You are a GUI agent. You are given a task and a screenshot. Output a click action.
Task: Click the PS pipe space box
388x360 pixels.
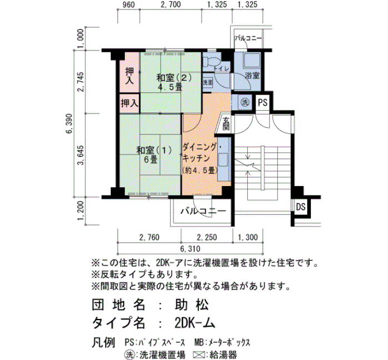(263, 102)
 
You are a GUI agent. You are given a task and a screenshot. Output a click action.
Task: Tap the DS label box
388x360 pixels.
(300, 207)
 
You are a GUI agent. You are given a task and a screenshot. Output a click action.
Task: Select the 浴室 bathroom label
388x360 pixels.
(252, 75)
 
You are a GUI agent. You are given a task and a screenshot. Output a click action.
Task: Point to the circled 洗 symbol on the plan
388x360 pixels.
(245, 102)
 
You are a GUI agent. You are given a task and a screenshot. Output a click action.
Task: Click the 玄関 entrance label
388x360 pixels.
(226, 124)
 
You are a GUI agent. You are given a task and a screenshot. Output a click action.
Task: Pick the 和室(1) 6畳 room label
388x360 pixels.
(154, 155)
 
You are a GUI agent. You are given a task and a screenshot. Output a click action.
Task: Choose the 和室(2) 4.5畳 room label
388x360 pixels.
(174, 82)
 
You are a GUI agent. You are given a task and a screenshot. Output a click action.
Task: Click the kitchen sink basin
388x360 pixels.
(224, 160)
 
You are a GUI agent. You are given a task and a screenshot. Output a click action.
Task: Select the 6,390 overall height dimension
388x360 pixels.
(69, 124)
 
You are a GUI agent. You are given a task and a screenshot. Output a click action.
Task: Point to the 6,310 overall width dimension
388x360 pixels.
(190, 249)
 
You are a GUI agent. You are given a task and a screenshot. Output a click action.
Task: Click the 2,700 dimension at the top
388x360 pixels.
(171, 4)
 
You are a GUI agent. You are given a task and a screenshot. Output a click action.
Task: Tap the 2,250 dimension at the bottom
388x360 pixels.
(207, 238)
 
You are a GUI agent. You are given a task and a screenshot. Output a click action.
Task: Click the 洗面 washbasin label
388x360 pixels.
(208, 83)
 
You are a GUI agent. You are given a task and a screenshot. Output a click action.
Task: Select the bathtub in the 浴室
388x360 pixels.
(252, 60)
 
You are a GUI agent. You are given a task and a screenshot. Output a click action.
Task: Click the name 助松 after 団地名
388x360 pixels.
(192, 305)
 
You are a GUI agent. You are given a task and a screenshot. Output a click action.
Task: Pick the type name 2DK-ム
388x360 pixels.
(195, 323)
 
